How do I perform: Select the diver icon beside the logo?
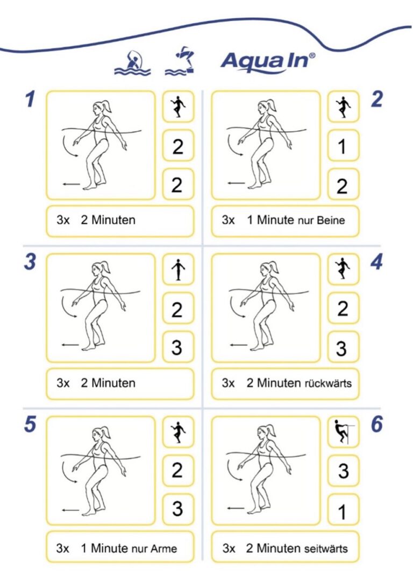click(x=181, y=61)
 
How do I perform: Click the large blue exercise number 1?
click(x=30, y=99)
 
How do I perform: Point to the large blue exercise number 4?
click(x=376, y=262)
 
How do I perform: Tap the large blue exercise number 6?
click(x=377, y=424)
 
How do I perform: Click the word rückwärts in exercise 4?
click(x=328, y=383)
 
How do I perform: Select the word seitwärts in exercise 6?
click(x=325, y=549)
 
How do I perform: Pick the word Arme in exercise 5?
click(x=163, y=549)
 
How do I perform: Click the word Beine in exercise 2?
click(x=331, y=220)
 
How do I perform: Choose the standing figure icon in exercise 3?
click(x=179, y=269)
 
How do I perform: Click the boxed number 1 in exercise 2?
click(x=343, y=146)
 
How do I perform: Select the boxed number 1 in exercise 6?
click(x=343, y=511)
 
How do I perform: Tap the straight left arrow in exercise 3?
click(x=70, y=345)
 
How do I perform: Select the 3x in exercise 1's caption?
click(x=63, y=220)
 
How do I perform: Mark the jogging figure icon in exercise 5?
click(x=178, y=432)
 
